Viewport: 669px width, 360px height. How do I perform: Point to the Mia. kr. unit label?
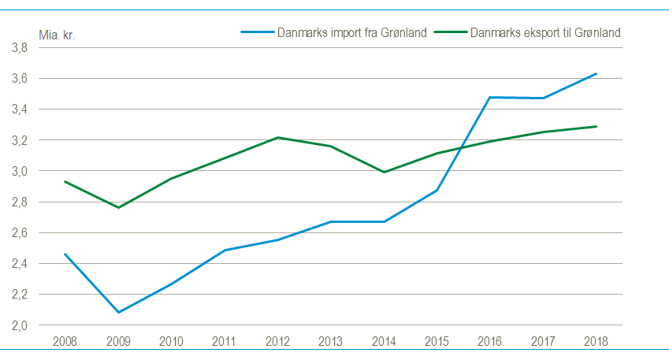tap(57, 35)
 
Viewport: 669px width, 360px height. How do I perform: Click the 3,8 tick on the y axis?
tap(20, 48)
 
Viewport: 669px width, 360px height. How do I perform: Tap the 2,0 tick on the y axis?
tap(20, 325)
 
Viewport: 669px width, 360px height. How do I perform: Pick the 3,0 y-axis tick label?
tap(20, 171)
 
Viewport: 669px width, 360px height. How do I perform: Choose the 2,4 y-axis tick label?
tap(20, 264)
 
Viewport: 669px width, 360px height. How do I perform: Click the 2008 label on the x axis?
tap(65, 341)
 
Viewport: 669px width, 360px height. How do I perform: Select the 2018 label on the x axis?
tap(597, 341)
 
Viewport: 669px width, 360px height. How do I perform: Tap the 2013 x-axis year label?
tap(331, 341)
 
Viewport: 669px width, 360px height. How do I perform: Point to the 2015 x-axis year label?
tap(437, 341)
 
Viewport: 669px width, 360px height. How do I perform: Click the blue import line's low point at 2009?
tap(118, 313)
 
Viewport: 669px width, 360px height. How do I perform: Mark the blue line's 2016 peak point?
tap(490, 98)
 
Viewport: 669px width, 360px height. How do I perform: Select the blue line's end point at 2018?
tap(597, 74)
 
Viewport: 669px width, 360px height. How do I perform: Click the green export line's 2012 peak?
tap(277, 138)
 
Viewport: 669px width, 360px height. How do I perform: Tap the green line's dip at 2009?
tap(118, 207)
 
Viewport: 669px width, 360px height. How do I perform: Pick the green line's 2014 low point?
tap(384, 172)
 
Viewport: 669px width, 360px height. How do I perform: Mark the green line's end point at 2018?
tap(597, 126)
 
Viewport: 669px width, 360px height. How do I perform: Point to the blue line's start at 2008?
tap(65, 254)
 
